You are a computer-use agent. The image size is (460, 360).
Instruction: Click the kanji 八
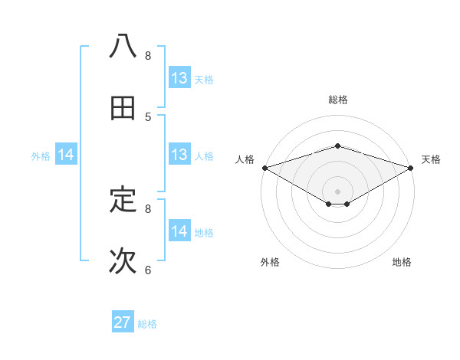(x=123, y=46)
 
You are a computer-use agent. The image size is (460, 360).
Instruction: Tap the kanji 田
(x=123, y=108)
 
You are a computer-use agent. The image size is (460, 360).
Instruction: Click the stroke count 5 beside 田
(x=148, y=116)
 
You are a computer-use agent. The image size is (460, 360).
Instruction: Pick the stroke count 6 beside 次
(x=148, y=270)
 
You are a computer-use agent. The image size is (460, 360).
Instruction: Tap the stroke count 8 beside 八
(x=148, y=55)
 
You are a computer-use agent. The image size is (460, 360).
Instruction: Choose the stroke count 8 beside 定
(x=148, y=208)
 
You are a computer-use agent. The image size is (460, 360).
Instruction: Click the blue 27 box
(x=123, y=322)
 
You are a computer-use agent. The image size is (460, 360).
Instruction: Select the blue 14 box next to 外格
(x=66, y=155)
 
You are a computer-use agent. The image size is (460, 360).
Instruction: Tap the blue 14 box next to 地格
(x=179, y=231)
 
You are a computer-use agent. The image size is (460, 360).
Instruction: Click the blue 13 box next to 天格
(x=179, y=77)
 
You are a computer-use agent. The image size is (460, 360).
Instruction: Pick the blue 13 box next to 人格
(x=179, y=155)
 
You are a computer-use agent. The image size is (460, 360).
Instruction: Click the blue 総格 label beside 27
(x=147, y=324)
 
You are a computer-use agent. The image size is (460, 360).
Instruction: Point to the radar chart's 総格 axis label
(x=337, y=100)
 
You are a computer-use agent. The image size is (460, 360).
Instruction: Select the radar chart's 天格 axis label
(x=431, y=159)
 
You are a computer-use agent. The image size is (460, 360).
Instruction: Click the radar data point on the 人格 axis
(x=264, y=167)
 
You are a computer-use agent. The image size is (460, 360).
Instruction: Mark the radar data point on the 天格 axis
(x=410, y=167)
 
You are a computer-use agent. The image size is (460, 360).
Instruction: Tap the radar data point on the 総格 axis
(x=337, y=146)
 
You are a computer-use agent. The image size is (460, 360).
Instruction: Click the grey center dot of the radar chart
(x=337, y=191)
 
